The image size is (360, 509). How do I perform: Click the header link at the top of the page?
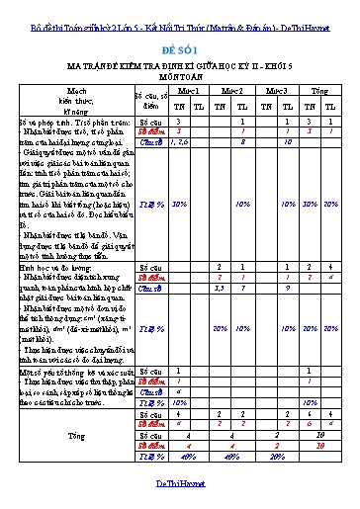tap(179, 8)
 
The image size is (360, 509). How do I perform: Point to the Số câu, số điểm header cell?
tap(149, 96)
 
